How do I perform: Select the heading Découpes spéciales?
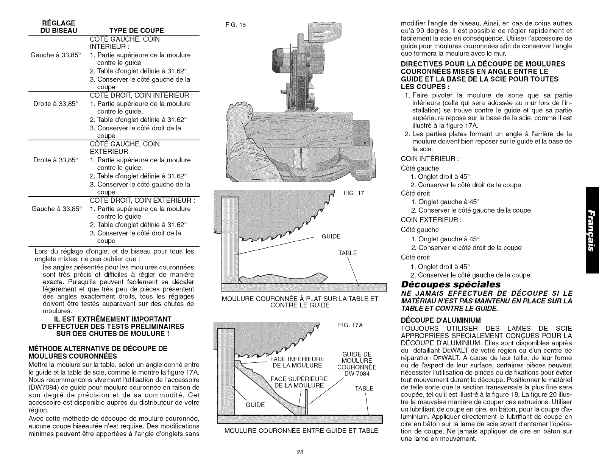pyautogui.click(x=451, y=284)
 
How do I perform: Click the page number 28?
pyautogui.click(x=299, y=452)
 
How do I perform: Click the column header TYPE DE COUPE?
pyautogui.click(x=137, y=31)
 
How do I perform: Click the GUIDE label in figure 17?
pyautogui.click(x=331, y=237)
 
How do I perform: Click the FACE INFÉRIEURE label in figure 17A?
pyautogui.click(x=298, y=359)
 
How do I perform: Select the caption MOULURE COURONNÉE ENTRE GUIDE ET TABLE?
pyautogui.click(x=301, y=430)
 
